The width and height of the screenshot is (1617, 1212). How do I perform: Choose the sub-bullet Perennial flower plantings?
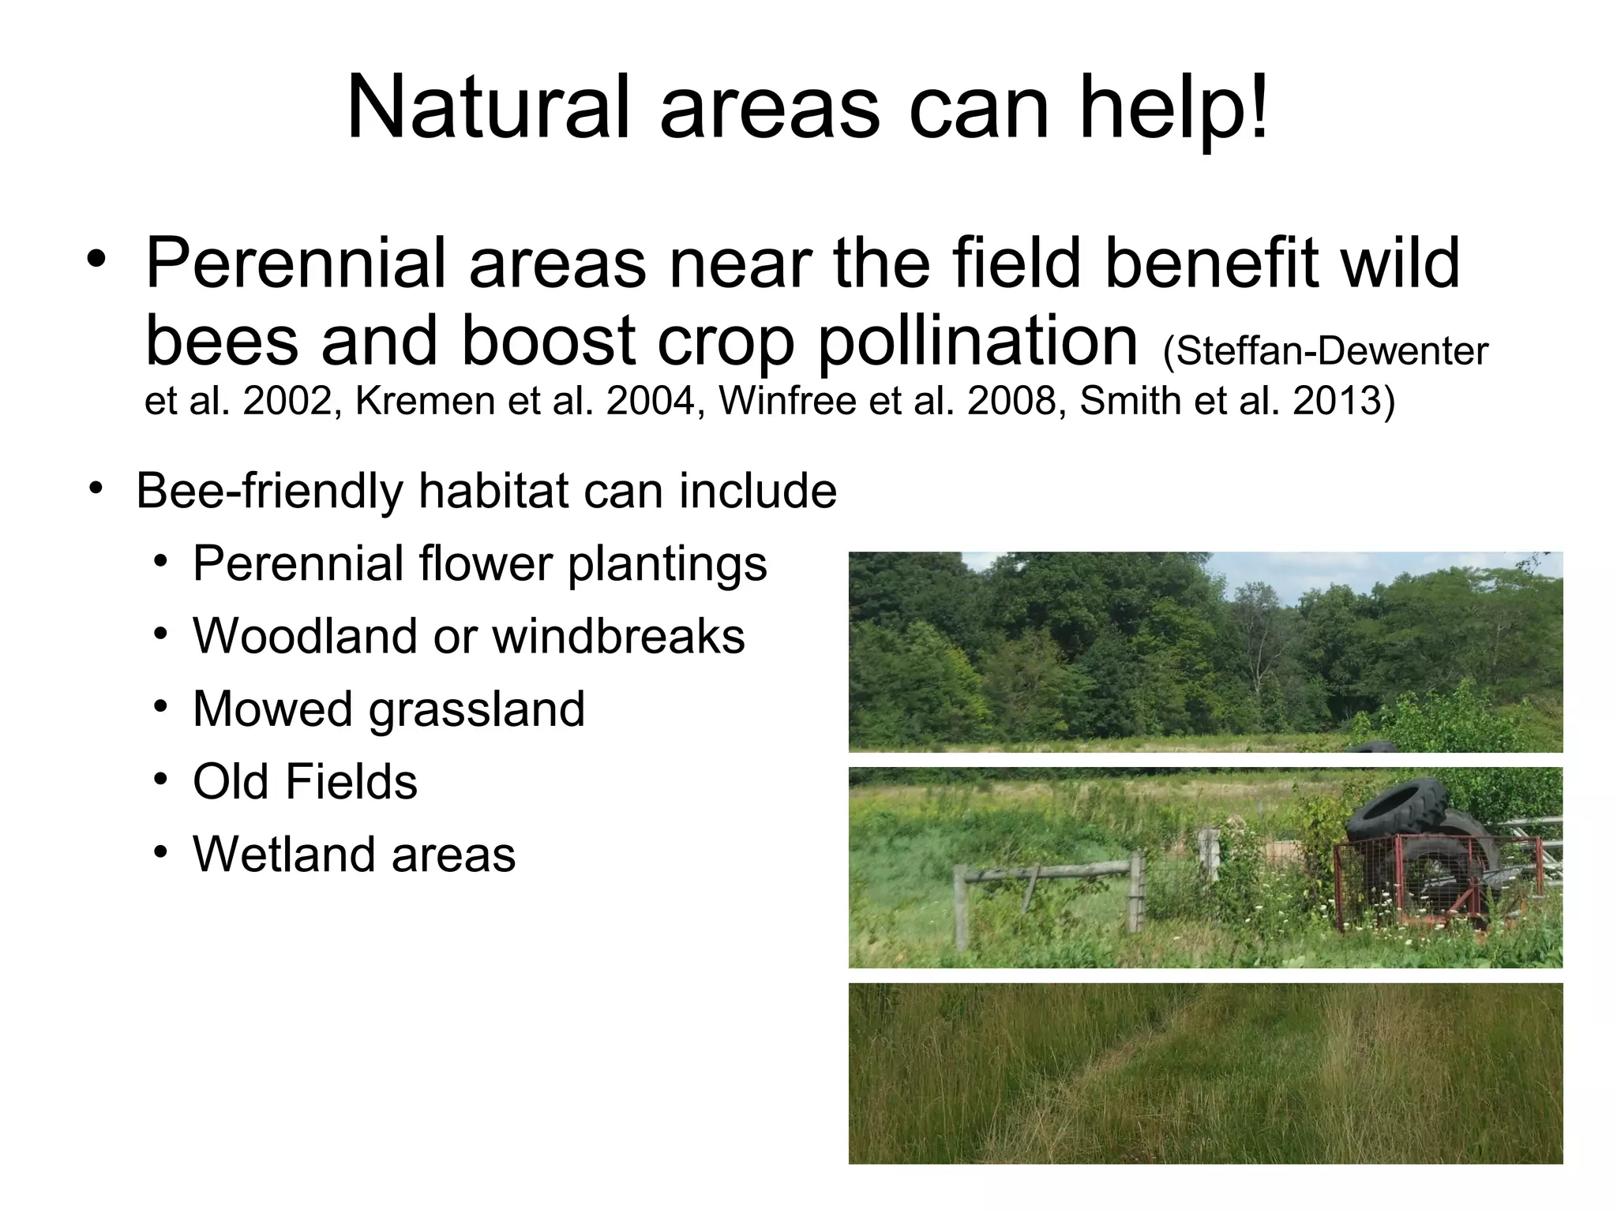(x=479, y=563)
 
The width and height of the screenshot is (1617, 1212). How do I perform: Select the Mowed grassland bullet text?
(x=388, y=709)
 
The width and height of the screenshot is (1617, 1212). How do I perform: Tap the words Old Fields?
(x=305, y=781)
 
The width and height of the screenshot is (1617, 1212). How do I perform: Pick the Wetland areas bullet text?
(x=354, y=854)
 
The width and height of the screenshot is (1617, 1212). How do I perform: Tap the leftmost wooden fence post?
(x=961, y=907)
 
